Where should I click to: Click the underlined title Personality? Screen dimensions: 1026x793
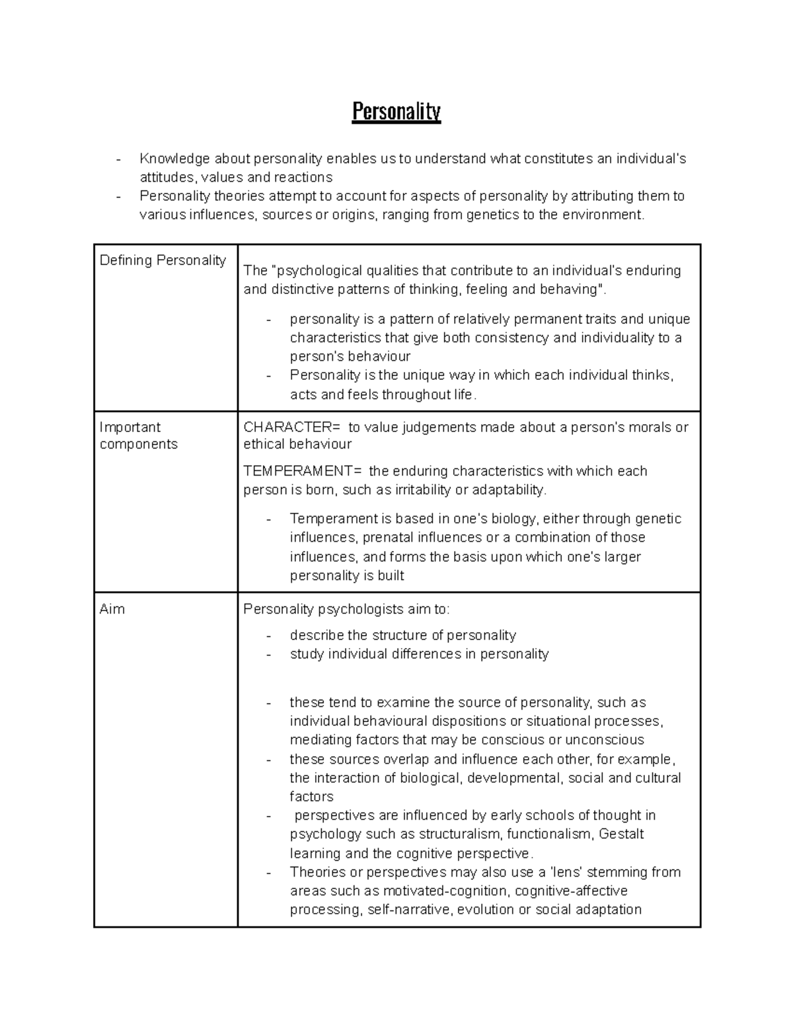[396, 112]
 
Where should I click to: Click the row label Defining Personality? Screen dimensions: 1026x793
[163, 260]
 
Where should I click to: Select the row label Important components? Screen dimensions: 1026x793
[139, 435]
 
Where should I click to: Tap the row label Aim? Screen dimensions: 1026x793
[112, 608]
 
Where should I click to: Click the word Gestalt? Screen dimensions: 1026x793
[621, 834]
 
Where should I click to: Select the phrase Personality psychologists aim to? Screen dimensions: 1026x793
[346, 609]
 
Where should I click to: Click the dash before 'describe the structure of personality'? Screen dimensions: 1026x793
[268, 636]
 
